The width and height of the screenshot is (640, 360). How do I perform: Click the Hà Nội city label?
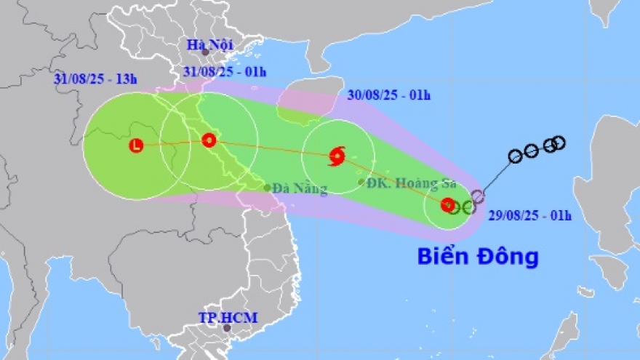point(205,45)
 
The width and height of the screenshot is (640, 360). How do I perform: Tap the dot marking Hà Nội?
point(205,53)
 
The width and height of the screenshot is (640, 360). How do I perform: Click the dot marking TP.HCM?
point(227,328)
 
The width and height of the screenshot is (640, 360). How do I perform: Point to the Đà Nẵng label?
point(300,189)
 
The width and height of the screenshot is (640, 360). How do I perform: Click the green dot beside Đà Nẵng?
point(268,188)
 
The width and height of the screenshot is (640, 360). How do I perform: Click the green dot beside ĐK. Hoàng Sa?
point(361,182)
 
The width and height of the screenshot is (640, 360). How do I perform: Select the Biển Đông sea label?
point(478,256)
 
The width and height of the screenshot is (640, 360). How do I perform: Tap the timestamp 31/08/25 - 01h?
point(224,71)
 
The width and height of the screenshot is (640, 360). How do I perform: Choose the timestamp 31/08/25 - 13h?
point(95,79)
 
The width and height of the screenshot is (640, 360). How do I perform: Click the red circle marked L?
point(136,146)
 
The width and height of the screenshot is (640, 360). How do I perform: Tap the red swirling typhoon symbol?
point(337,156)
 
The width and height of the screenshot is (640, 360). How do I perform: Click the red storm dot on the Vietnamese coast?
point(209,140)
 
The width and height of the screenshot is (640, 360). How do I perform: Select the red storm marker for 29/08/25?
point(447,206)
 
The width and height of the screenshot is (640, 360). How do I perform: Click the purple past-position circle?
point(477,196)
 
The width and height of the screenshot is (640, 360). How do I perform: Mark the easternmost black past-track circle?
point(559,142)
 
